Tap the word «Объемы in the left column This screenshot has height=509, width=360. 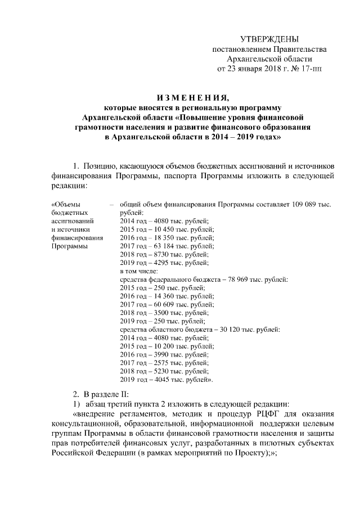[x=65, y=204]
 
